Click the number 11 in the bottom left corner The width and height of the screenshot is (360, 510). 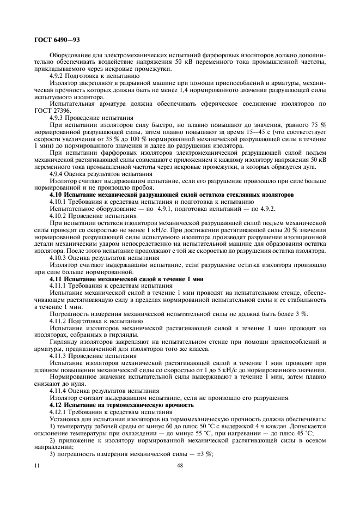click(37, 465)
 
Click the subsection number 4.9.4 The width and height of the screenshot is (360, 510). click(59, 173)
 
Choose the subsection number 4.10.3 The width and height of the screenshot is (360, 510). click(60, 258)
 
